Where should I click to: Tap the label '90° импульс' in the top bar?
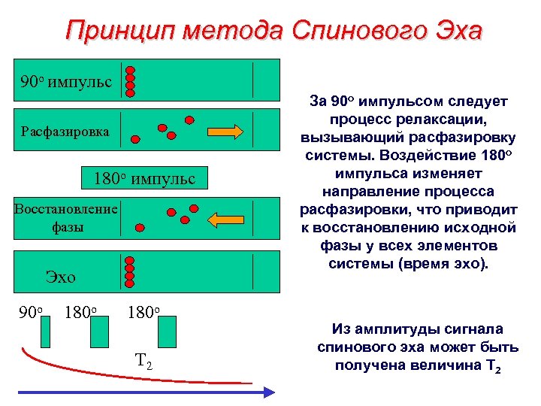[67, 80]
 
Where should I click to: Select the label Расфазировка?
[65, 131]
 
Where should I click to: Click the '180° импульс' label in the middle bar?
[144, 178]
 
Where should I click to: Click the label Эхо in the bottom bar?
[61, 276]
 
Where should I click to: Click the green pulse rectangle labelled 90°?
[44, 332]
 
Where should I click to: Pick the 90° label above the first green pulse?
[29, 310]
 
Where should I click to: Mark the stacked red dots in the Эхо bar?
[129, 268]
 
